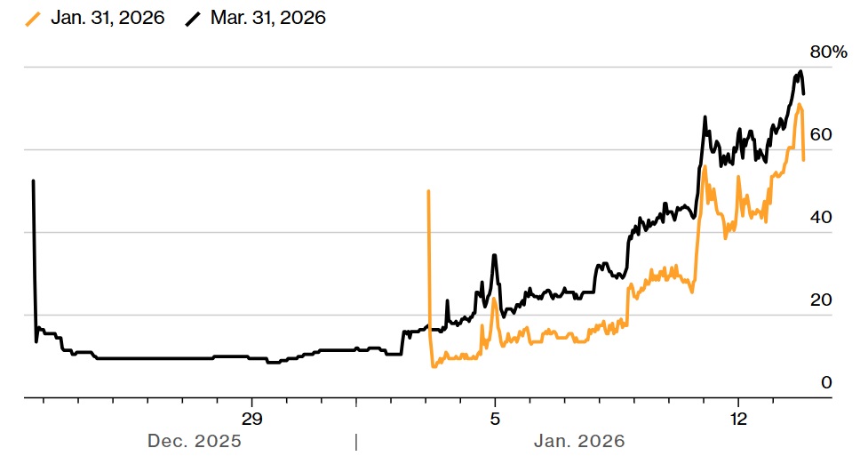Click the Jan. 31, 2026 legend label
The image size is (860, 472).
(107, 18)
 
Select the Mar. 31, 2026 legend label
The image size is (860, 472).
(268, 18)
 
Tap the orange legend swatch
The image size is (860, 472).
(35, 18)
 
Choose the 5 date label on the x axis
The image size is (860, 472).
(495, 419)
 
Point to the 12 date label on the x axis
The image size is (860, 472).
(737, 419)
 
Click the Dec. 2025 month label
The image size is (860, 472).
(194, 441)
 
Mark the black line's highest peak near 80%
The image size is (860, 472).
(800, 71)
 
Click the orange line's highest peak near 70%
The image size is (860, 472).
(800, 105)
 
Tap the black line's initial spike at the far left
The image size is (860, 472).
(33, 181)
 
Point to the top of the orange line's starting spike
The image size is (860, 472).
(428, 191)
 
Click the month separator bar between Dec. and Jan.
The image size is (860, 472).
(355, 441)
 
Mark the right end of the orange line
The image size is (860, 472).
(803, 160)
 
